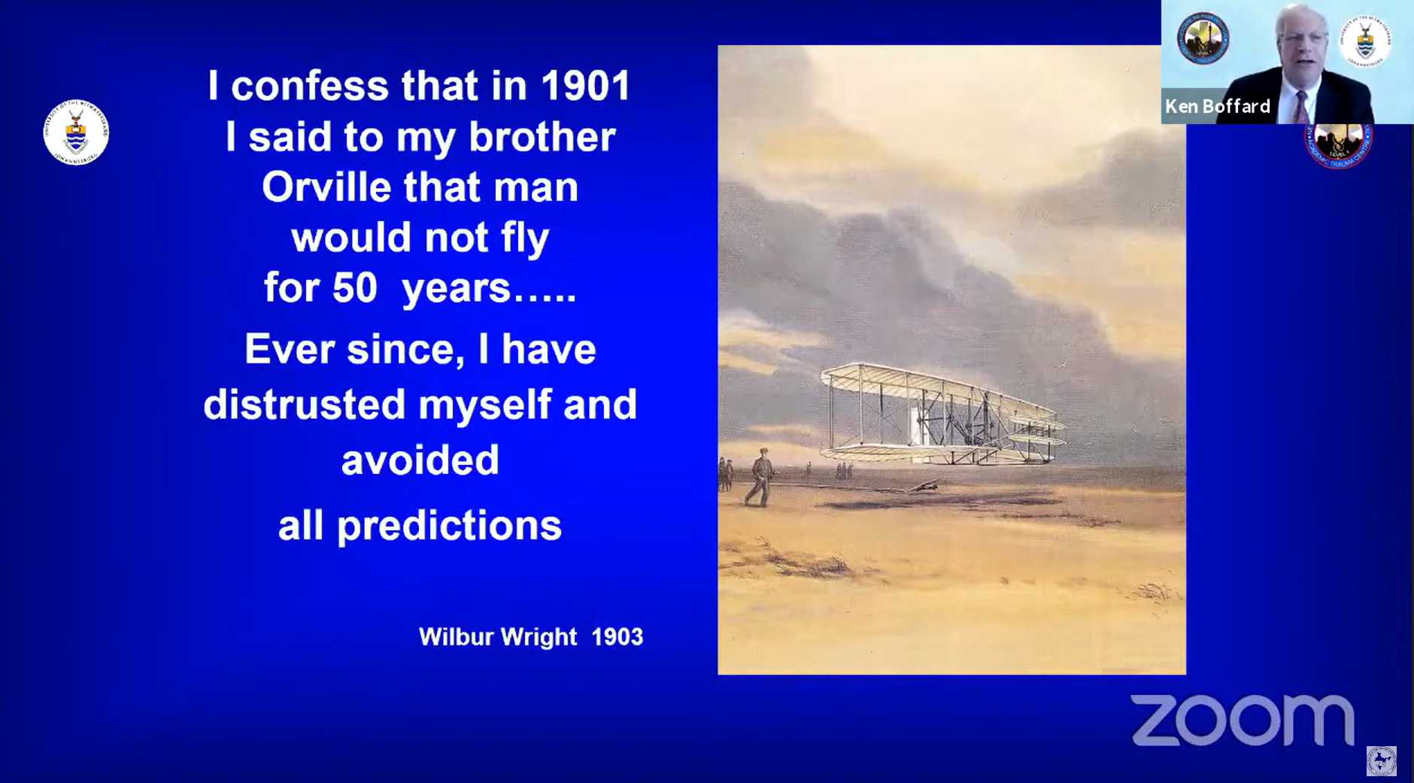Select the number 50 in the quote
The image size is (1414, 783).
(354, 287)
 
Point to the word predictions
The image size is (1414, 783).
(449, 526)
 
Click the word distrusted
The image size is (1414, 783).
(304, 404)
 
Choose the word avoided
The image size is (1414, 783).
(420, 460)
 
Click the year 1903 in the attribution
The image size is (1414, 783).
(617, 637)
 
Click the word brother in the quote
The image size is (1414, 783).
(542, 137)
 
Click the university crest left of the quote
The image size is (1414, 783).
(76, 132)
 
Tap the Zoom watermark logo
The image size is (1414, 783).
(1243, 721)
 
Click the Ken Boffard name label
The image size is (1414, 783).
(1218, 106)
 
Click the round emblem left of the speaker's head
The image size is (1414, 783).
(1203, 38)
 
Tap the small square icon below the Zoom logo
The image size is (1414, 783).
(1381, 761)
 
